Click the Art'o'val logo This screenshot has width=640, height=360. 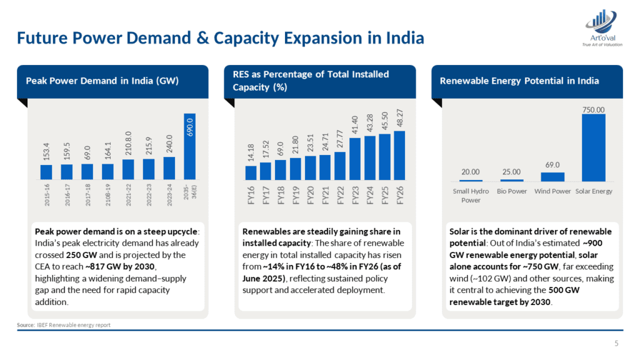(x=602, y=28)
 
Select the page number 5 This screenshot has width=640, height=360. (x=617, y=342)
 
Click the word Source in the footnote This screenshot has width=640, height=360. (x=25, y=325)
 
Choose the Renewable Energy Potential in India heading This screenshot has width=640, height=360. (x=519, y=81)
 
